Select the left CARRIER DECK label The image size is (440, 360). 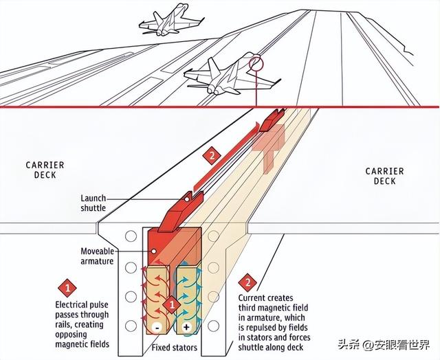[45, 169]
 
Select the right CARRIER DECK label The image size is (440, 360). [385, 176]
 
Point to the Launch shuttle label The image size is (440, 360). [93, 203]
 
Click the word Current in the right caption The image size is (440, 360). [253, 298]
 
